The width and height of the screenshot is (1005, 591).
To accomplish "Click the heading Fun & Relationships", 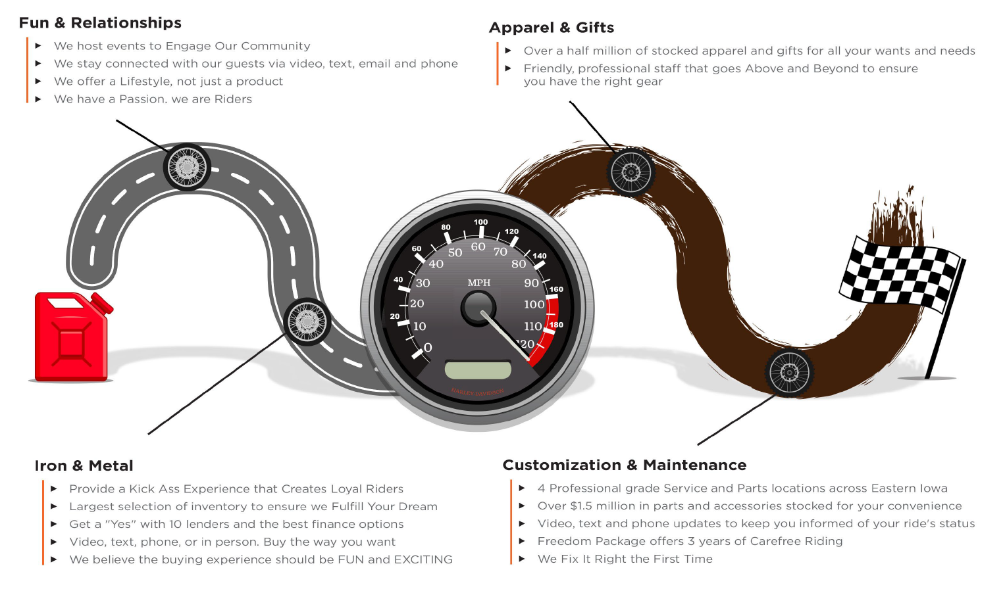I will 100,23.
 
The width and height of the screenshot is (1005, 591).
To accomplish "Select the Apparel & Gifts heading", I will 551,28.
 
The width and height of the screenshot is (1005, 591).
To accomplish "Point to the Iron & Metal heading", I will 84,465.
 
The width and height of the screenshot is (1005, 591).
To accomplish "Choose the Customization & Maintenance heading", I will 624,465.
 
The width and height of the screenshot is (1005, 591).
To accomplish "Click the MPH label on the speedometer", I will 478,283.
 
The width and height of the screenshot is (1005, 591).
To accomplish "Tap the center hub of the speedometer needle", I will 478,308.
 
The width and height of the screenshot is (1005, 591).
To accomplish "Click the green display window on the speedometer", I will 478,369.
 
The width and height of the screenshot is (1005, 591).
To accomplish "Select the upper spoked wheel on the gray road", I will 187,167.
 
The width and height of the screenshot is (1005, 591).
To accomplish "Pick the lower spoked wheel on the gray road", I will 307,322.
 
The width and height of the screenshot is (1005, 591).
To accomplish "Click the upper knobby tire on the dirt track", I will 631,172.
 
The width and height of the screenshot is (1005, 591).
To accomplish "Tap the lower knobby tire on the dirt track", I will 789,373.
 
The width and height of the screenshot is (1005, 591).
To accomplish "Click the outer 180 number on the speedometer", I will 556,325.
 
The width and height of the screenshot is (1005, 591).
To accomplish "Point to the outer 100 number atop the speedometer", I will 480,222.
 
